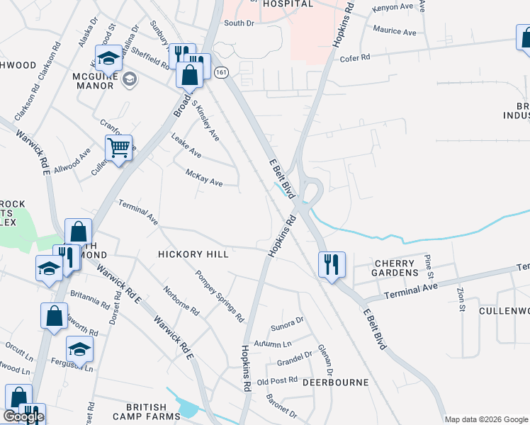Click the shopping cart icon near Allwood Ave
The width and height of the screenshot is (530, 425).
tap(118, 148)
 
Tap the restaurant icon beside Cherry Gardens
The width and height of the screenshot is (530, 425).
tap(331, 264)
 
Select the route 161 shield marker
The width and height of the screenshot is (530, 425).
tap(222, 72)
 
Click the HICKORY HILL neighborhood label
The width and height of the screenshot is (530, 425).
tap(193, 254)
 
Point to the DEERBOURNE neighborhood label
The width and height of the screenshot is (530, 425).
tap(335, 382)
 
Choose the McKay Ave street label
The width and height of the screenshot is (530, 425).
tap(203, 178)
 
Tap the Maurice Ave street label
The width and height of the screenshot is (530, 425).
tap(395, 32)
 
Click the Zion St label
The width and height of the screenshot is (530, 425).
tap(460, 298)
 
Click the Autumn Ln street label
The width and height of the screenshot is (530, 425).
tap(272, 344)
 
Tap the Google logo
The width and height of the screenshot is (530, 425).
tap(23, 416)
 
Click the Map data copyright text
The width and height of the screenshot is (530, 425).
tap(486, 419)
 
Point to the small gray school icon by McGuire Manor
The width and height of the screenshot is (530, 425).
tap(129, 79)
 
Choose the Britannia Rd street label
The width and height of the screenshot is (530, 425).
tap(90, 300)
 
